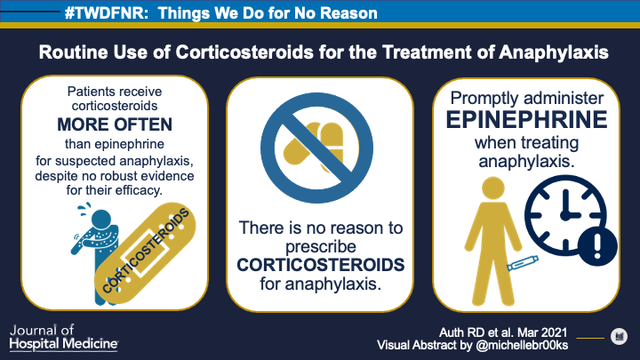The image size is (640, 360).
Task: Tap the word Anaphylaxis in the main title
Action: point(554,52)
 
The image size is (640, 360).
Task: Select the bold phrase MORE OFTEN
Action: point(115,124)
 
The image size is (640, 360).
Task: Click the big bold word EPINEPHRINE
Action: point(526,120)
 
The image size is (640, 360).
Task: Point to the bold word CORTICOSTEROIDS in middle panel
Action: point(321,265)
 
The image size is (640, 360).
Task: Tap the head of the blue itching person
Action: point(100,220)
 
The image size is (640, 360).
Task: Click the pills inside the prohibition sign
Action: point(315,147)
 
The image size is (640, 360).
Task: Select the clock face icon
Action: point(565,215)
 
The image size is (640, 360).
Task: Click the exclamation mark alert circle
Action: point(597,247)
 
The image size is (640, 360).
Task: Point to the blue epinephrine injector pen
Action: point(523,263)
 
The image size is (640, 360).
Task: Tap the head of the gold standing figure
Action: point(493,188)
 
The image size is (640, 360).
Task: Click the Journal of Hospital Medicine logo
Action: point(64,338)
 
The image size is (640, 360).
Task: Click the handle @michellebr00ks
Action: point(522,345)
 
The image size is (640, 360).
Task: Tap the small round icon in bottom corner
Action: point(620,337)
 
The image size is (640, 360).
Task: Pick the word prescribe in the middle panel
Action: point(321,247)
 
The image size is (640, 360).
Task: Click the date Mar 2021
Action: point(542,332)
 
